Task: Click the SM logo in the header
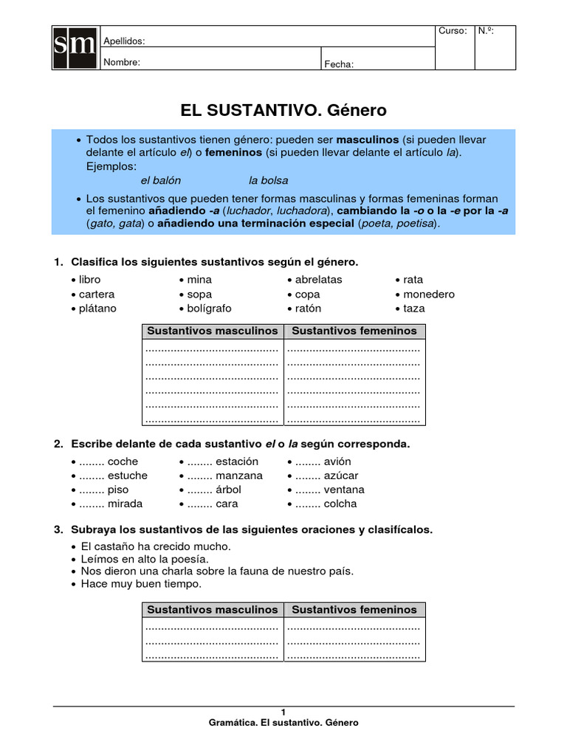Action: point(75,48)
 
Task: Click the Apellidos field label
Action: point(124,41)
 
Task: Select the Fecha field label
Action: point(339,64)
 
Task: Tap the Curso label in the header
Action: point(452,31)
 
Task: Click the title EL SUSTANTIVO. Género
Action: point(283,110)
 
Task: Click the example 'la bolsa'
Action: point(268,180)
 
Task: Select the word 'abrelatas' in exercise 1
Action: point(318,280)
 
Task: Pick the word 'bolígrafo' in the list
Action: point(209,308)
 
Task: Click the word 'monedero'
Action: point(429,294)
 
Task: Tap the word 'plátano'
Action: point(98,308)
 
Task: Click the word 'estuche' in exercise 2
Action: point(127,475)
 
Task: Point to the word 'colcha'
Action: point(340,504)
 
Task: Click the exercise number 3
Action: point(58,530)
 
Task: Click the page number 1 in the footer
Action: point(283,712)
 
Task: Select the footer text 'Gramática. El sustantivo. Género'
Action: point(283,723)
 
